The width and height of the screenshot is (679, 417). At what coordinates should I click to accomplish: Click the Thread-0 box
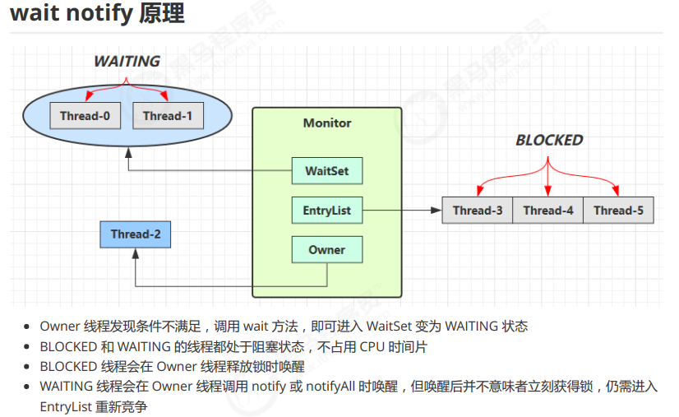click(85, 116)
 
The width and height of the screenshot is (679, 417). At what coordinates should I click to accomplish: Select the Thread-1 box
click(168, 116)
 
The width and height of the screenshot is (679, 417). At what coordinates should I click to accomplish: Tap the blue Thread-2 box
click(136, 234)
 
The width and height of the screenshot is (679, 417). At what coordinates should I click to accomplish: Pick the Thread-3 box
click(477, 211)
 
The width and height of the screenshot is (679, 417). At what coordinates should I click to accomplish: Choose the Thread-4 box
click(547, 211)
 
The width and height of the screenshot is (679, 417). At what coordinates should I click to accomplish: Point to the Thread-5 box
click(618, 211)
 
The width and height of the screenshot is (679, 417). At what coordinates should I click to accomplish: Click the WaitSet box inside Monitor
click(327, 171)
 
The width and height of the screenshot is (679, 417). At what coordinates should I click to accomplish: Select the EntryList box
click(327, 211)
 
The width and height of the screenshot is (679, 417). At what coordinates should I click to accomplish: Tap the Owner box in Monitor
click(327, 250)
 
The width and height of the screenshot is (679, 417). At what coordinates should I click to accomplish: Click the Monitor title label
click(327, 123)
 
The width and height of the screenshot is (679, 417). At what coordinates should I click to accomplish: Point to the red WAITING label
click(127, 62)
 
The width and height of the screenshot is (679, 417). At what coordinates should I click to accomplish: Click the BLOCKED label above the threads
click(549, 141)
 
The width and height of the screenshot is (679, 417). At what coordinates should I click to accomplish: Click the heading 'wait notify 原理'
click(97, 14)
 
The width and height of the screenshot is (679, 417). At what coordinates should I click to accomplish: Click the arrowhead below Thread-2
click(136, 253)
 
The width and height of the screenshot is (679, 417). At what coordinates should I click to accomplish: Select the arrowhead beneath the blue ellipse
click(128, 153)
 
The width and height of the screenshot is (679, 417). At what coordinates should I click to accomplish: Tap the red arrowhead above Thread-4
click(547, 192)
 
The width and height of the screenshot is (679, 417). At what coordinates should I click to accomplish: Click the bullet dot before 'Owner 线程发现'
click(29, 327)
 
